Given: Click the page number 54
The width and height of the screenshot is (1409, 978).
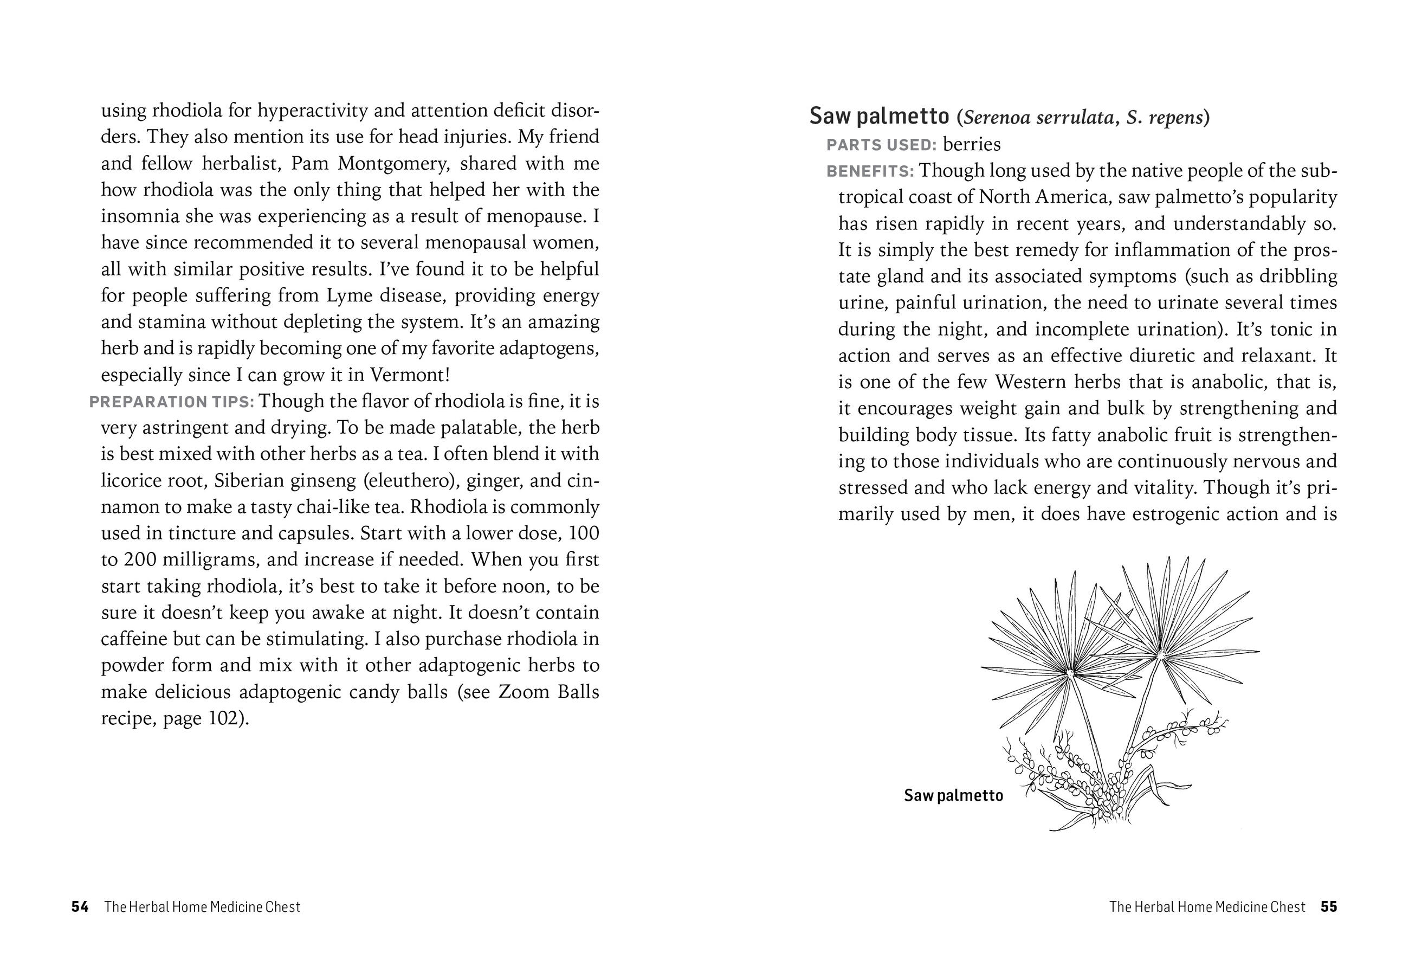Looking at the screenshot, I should [x=80, y=907].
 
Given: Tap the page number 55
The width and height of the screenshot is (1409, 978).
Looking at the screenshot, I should [x=1328, y=907].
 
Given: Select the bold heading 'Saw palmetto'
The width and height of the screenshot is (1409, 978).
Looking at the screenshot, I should [x=879, y=117].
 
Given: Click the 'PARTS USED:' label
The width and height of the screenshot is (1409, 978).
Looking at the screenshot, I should [x=882, y=145].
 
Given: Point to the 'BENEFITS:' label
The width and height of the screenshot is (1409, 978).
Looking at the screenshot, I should [x=870, y=171].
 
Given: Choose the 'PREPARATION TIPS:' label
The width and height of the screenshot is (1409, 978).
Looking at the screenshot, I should [x=172, y=402].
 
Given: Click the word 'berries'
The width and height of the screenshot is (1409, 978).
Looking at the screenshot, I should [x=972, y=145].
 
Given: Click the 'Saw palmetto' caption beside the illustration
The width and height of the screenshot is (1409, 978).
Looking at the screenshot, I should [x=953, y=795].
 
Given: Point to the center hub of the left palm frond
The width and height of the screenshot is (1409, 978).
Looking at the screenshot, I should [x=1070, y=673].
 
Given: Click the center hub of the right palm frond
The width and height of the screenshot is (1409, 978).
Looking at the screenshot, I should [x=1160, y=655].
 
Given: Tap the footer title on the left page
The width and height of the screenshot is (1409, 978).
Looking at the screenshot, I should [x=202, y=907].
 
